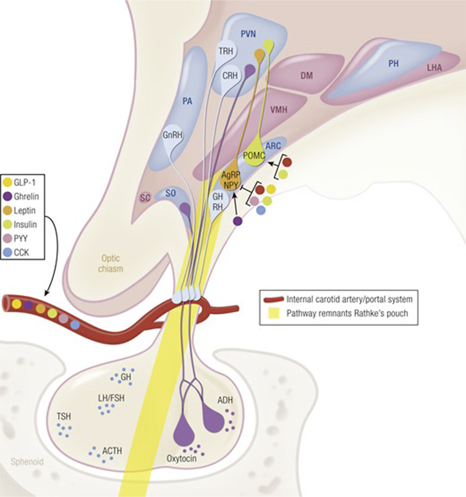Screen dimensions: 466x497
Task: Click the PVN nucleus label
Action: click(248, 34)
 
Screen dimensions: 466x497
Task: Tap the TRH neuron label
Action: click(226, 51)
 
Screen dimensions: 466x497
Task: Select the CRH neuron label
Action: click(230, 76)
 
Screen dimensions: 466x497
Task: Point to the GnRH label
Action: click(172, 135)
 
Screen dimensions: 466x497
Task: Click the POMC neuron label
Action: click(254, 156)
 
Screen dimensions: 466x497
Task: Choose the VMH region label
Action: click(279, 110)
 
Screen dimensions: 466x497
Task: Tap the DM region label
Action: click(307, 75)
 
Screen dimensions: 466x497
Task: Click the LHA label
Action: click(434, 67)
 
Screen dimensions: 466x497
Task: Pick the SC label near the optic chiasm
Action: click(146, 198)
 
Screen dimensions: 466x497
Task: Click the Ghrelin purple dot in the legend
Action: click(8, 197)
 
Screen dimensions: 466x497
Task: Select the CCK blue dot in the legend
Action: click(8, 253)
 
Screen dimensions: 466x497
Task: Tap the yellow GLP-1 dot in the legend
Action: click(8, 183)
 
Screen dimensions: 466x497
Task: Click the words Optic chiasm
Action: click(110, 263)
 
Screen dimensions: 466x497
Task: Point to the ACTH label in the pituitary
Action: click(112, 450)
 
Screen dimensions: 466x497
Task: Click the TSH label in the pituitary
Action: click(64, 416)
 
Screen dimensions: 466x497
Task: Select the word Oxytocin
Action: click(181, 458)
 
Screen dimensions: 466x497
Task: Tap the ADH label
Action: click(225, 400)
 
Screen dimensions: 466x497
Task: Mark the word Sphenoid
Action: click(27, 462)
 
